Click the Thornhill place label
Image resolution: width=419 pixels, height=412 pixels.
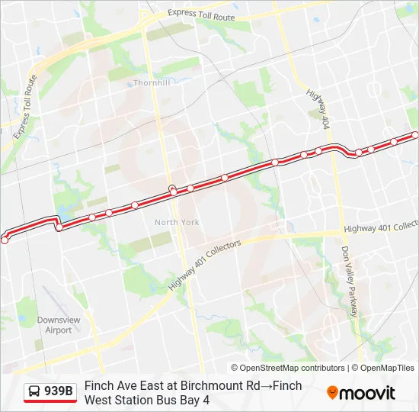(x=152, y=82)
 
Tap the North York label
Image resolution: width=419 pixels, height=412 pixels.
(x=177, y=222)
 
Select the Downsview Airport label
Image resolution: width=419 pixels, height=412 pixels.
(x=54, y=325)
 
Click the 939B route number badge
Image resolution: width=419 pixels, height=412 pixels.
(x=59, y=391)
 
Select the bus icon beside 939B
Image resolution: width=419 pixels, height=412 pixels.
(x=34, y=392)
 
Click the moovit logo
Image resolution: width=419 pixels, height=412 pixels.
(x=361, y=393)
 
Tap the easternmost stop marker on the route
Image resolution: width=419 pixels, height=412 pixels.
(x=415, y=135)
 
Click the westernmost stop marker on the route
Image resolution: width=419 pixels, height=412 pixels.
(x=5, y=240)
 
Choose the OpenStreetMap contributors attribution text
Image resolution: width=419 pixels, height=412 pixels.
(x=288, y=368)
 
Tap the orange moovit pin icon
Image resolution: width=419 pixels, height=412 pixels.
(x=332, y=393)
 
